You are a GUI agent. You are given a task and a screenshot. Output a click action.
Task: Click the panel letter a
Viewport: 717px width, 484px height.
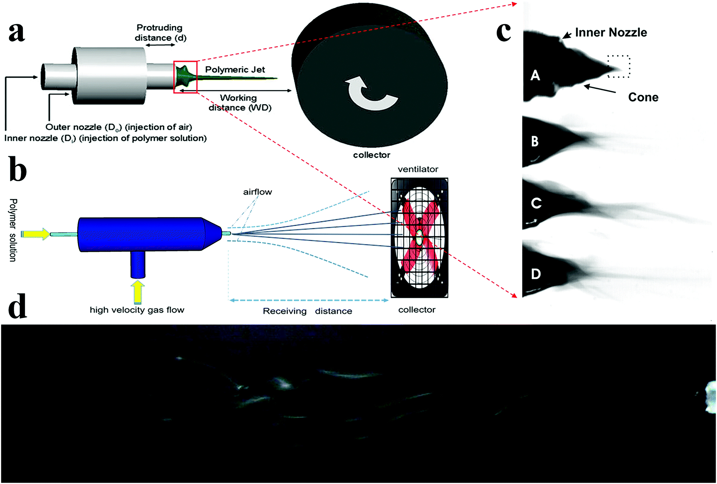17,32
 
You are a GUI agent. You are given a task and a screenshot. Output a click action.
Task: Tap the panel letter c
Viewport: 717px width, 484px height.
504,32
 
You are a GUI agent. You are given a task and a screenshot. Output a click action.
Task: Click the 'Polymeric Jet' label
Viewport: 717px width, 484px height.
235,70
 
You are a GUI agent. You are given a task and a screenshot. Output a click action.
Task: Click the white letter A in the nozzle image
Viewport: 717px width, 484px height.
535,75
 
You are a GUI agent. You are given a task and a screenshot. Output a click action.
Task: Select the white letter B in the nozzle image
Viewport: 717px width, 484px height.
535,141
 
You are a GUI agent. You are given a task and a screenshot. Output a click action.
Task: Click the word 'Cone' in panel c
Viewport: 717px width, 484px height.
643,97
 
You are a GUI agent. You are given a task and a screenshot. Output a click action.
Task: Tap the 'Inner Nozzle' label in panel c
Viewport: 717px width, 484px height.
611,32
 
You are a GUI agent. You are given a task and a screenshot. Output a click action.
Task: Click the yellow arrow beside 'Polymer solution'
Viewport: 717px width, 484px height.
35,234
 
